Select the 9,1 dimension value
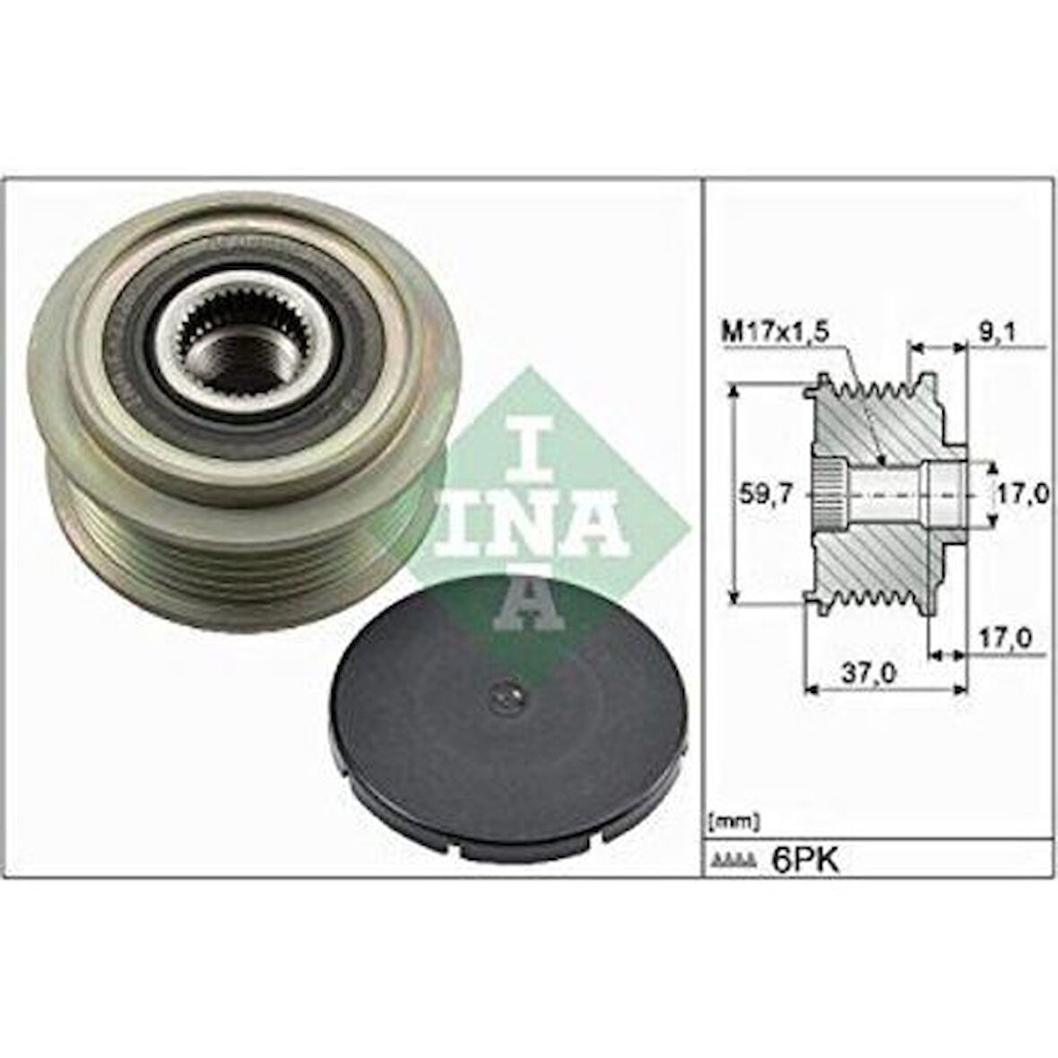pos(997,331)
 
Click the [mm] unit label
pos(734,820)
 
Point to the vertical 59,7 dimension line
pos(735,493)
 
